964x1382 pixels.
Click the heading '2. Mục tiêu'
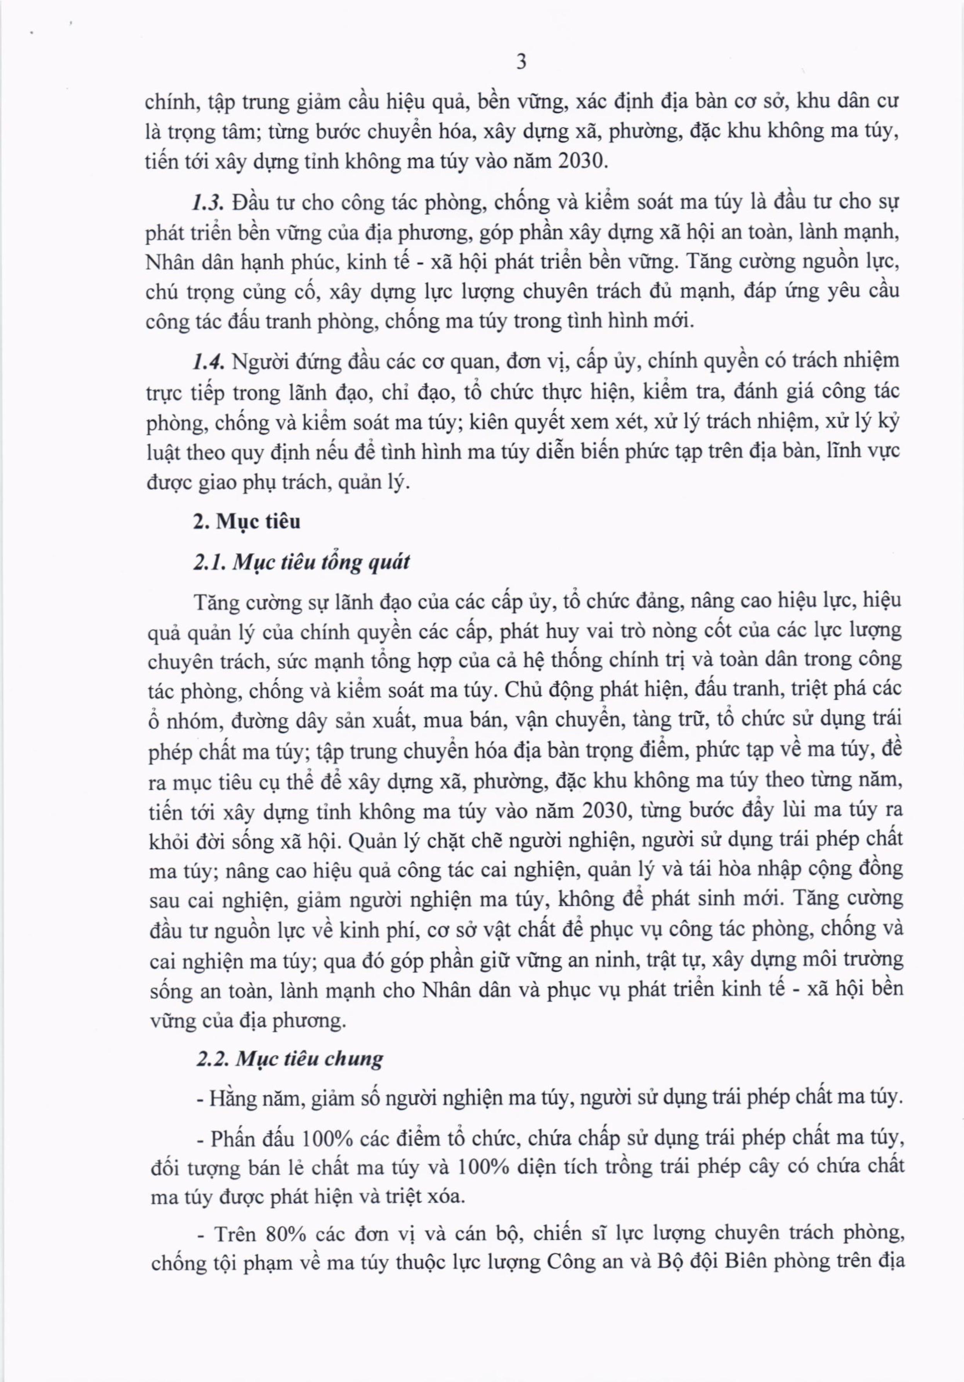click(247, 521)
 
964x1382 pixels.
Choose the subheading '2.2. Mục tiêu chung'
click(290, 1059)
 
